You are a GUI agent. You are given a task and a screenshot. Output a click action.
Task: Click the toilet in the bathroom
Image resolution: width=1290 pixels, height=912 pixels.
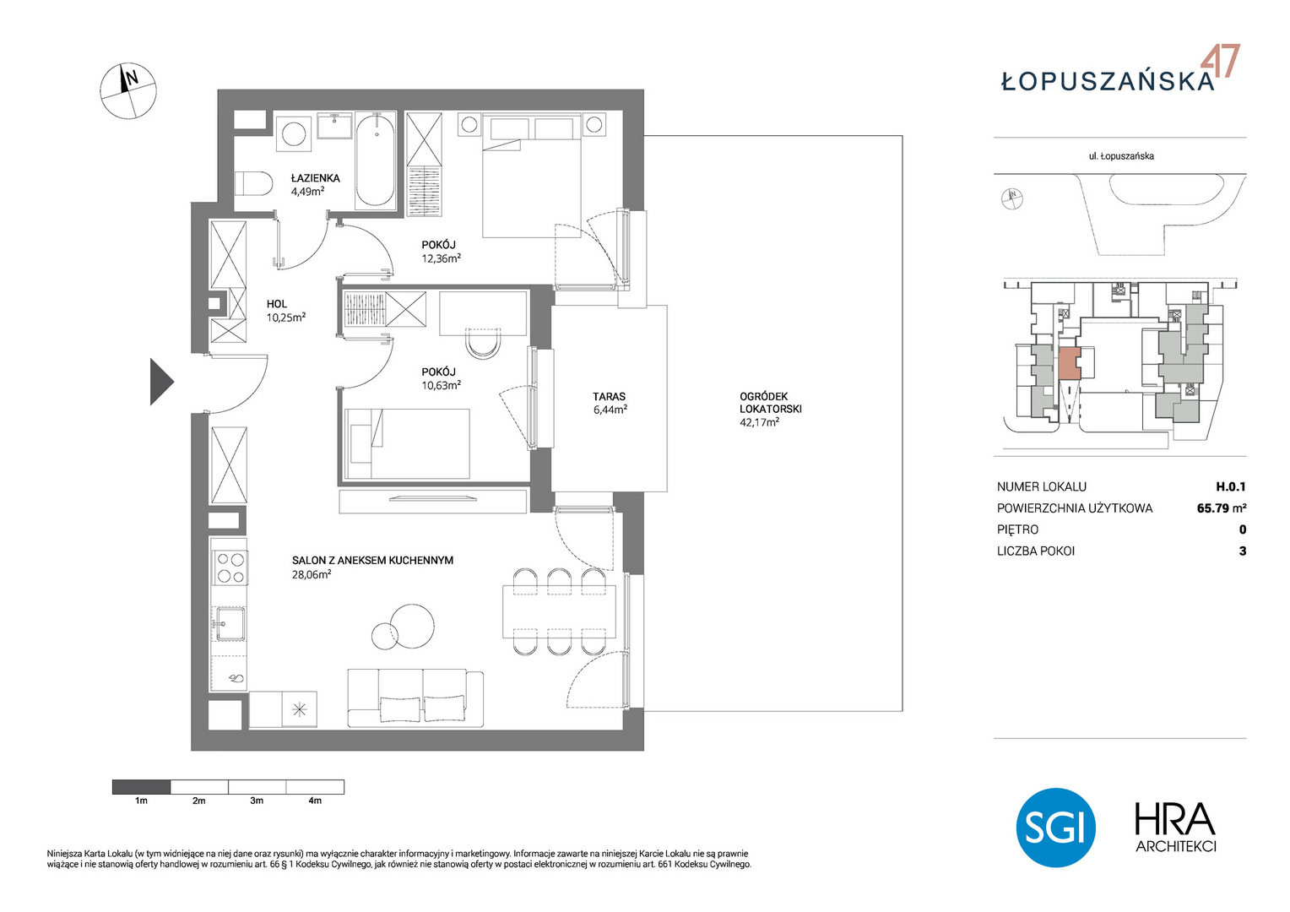253,184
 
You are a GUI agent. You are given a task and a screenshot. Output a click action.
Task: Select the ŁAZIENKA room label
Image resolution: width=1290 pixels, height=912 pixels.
315,178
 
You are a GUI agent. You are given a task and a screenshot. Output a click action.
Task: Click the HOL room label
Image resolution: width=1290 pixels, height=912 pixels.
276,304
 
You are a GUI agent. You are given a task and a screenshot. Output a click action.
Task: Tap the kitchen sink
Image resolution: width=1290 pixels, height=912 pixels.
230,623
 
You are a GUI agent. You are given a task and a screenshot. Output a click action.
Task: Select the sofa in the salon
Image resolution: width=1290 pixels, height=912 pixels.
415,698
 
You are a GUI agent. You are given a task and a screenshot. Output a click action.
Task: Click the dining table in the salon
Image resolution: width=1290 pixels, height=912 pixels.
559,611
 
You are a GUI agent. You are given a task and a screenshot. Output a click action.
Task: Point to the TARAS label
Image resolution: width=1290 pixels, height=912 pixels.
610,396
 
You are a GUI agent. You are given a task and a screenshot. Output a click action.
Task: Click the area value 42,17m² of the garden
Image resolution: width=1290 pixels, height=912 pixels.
760,421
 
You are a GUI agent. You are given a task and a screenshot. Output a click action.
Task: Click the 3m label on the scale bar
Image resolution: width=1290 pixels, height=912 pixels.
257,801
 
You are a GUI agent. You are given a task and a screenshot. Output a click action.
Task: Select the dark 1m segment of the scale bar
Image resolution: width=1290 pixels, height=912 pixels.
142,786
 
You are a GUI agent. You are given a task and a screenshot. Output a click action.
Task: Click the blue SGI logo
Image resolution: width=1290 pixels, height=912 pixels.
1055,828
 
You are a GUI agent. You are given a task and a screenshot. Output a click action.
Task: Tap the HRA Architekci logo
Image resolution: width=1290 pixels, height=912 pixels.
1175,828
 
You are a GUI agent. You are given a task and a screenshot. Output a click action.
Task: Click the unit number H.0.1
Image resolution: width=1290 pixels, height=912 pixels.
1231,486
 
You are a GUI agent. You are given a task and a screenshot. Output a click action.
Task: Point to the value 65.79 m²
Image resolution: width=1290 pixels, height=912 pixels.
1222,508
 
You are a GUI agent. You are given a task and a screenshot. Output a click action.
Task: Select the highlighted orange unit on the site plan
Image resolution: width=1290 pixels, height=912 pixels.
1070,363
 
